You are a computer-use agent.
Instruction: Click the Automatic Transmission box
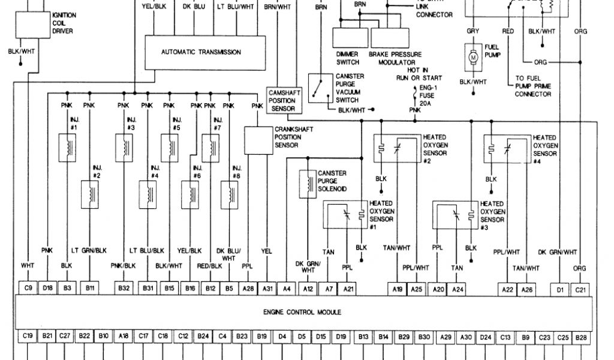coord(201,52)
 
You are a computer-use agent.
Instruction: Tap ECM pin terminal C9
coord(28,289)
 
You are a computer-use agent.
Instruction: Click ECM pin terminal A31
coord(267,289)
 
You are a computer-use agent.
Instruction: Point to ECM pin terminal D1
coord(560,289)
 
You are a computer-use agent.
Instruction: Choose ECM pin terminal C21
coord(579,289)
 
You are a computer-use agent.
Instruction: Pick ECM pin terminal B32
coord(124,289)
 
